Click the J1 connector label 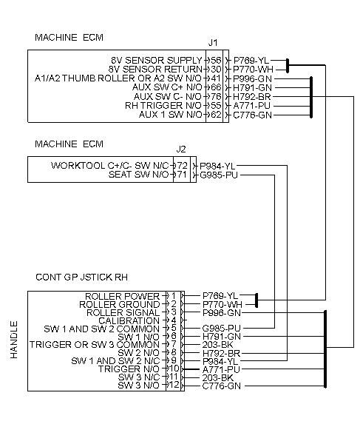click(213, 43)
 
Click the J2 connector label click(180, 149)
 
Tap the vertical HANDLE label click(14, 340)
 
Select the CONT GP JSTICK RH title click(81, 277)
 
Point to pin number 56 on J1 click(216, 61)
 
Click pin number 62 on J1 click(216, 115)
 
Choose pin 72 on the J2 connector click(182, 166)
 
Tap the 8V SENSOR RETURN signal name click(155, 70)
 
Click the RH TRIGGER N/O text click(163, 106)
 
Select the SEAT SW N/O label click(138, 175)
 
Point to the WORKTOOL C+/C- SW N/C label click(109, 166)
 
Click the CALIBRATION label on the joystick click(129, 321)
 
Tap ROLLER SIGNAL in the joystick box click(123, 313)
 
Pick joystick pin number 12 click(174, 385)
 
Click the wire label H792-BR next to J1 click(252, 97)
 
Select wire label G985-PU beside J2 click(219, 175)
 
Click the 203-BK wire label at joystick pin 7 click(217, 345)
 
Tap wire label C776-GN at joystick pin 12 click(222, 386)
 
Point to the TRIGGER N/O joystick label click(129, 369)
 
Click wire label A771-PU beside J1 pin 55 click(251, 106)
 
